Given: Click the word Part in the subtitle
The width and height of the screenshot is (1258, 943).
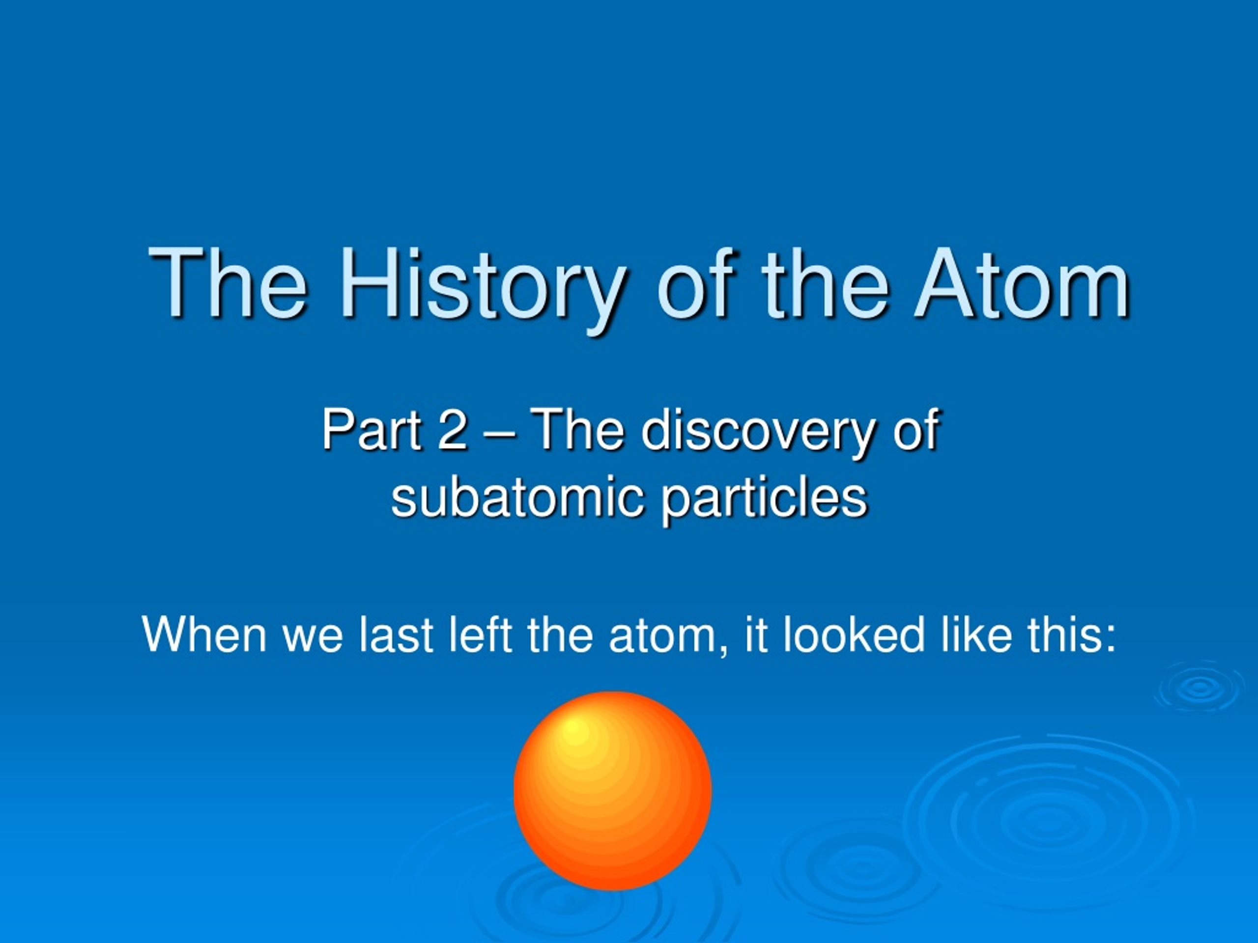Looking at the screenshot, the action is (372, 430).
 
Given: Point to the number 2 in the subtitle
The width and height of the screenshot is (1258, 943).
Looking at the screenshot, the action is (453, 430).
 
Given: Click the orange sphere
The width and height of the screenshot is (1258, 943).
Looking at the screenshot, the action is (612, 791).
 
